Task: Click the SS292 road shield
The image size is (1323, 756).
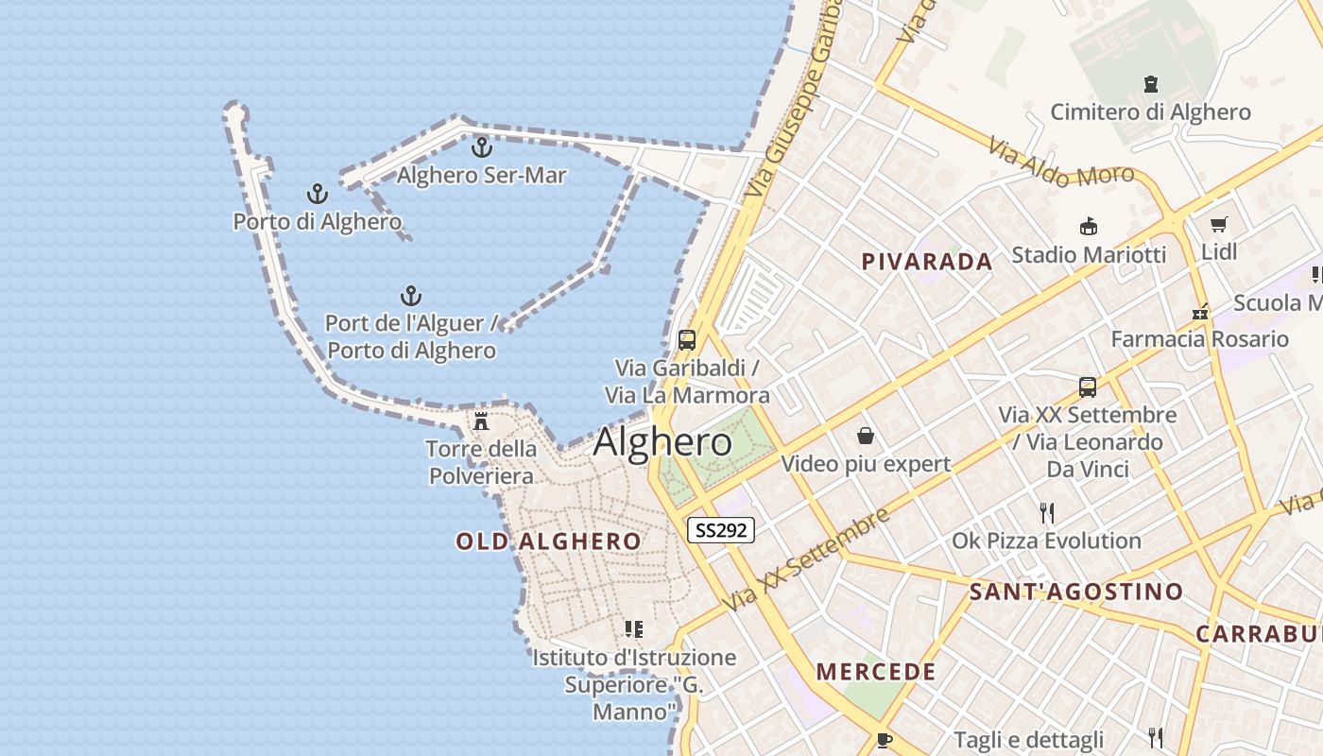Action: [x=720, y=530]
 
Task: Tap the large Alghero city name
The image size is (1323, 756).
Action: [x=662, y=442]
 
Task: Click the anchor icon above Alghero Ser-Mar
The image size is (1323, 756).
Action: [x=482, y=147]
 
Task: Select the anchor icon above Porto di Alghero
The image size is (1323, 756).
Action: [x=318, y=194]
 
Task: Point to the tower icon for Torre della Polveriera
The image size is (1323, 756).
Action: [x=481, y=421]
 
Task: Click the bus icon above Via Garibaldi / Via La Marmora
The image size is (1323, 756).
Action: [x=687, y=340]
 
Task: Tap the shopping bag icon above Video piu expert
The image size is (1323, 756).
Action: [x=865, y=436]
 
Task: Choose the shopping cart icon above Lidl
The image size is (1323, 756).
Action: [x=1218, y=225]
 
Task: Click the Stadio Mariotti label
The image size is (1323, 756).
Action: [x=1089, y=254]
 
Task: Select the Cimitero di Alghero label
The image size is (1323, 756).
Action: [x=1150, y=112]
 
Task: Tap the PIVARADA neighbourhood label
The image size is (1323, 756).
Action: [x=927, y=262]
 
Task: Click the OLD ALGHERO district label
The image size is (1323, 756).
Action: [x=548, y=541]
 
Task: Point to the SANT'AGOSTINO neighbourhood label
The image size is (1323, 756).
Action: [x=1076, y=593]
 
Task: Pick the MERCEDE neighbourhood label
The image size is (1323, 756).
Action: [x=876, y=672]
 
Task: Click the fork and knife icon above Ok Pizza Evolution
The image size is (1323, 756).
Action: [x=1047, y=513]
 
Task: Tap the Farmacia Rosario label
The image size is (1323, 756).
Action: [x=1199, y=338]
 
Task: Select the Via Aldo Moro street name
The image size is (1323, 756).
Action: [x=1061, y=162]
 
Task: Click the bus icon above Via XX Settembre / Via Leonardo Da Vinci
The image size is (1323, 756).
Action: [x=1088, y=387]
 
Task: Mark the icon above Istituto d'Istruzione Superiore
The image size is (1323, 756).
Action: [x=634, y=628]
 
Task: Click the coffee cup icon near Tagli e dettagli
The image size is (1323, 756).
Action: [x=884, y=739]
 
